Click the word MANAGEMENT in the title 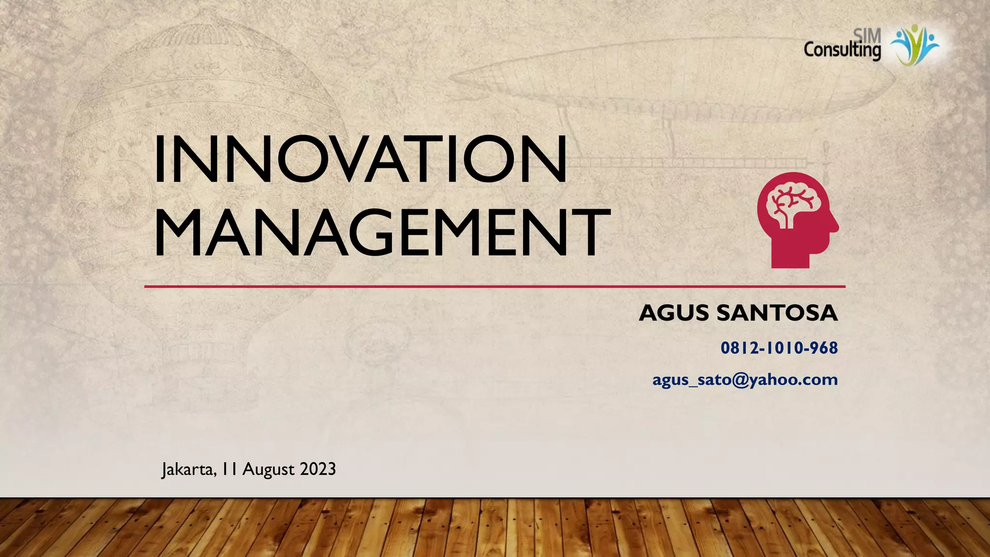pos(382,232)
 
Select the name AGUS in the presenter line pos(674,313)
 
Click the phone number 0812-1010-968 pos(779,348)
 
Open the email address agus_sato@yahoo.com pos(744,380)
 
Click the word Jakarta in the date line pos(189,469)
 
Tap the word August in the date pos(268,469)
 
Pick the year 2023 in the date pos(318,469)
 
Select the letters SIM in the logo pos(867,35)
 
